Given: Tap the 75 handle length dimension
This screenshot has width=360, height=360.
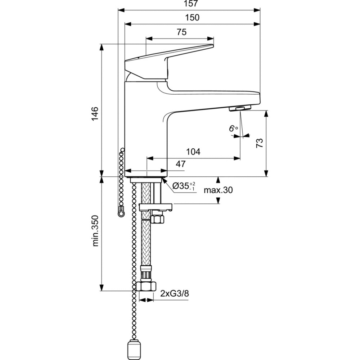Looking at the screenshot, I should [181, 32].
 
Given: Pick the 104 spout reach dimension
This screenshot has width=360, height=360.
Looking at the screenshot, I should [193, 152].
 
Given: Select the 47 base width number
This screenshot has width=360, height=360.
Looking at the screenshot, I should [180, 164].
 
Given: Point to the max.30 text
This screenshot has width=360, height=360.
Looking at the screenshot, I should [218, 190].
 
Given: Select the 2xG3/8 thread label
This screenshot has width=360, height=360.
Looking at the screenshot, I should [175, 294].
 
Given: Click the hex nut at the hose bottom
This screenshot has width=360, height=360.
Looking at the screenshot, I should [147, 287].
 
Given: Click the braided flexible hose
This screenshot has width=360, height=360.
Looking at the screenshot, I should [146, 245].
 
